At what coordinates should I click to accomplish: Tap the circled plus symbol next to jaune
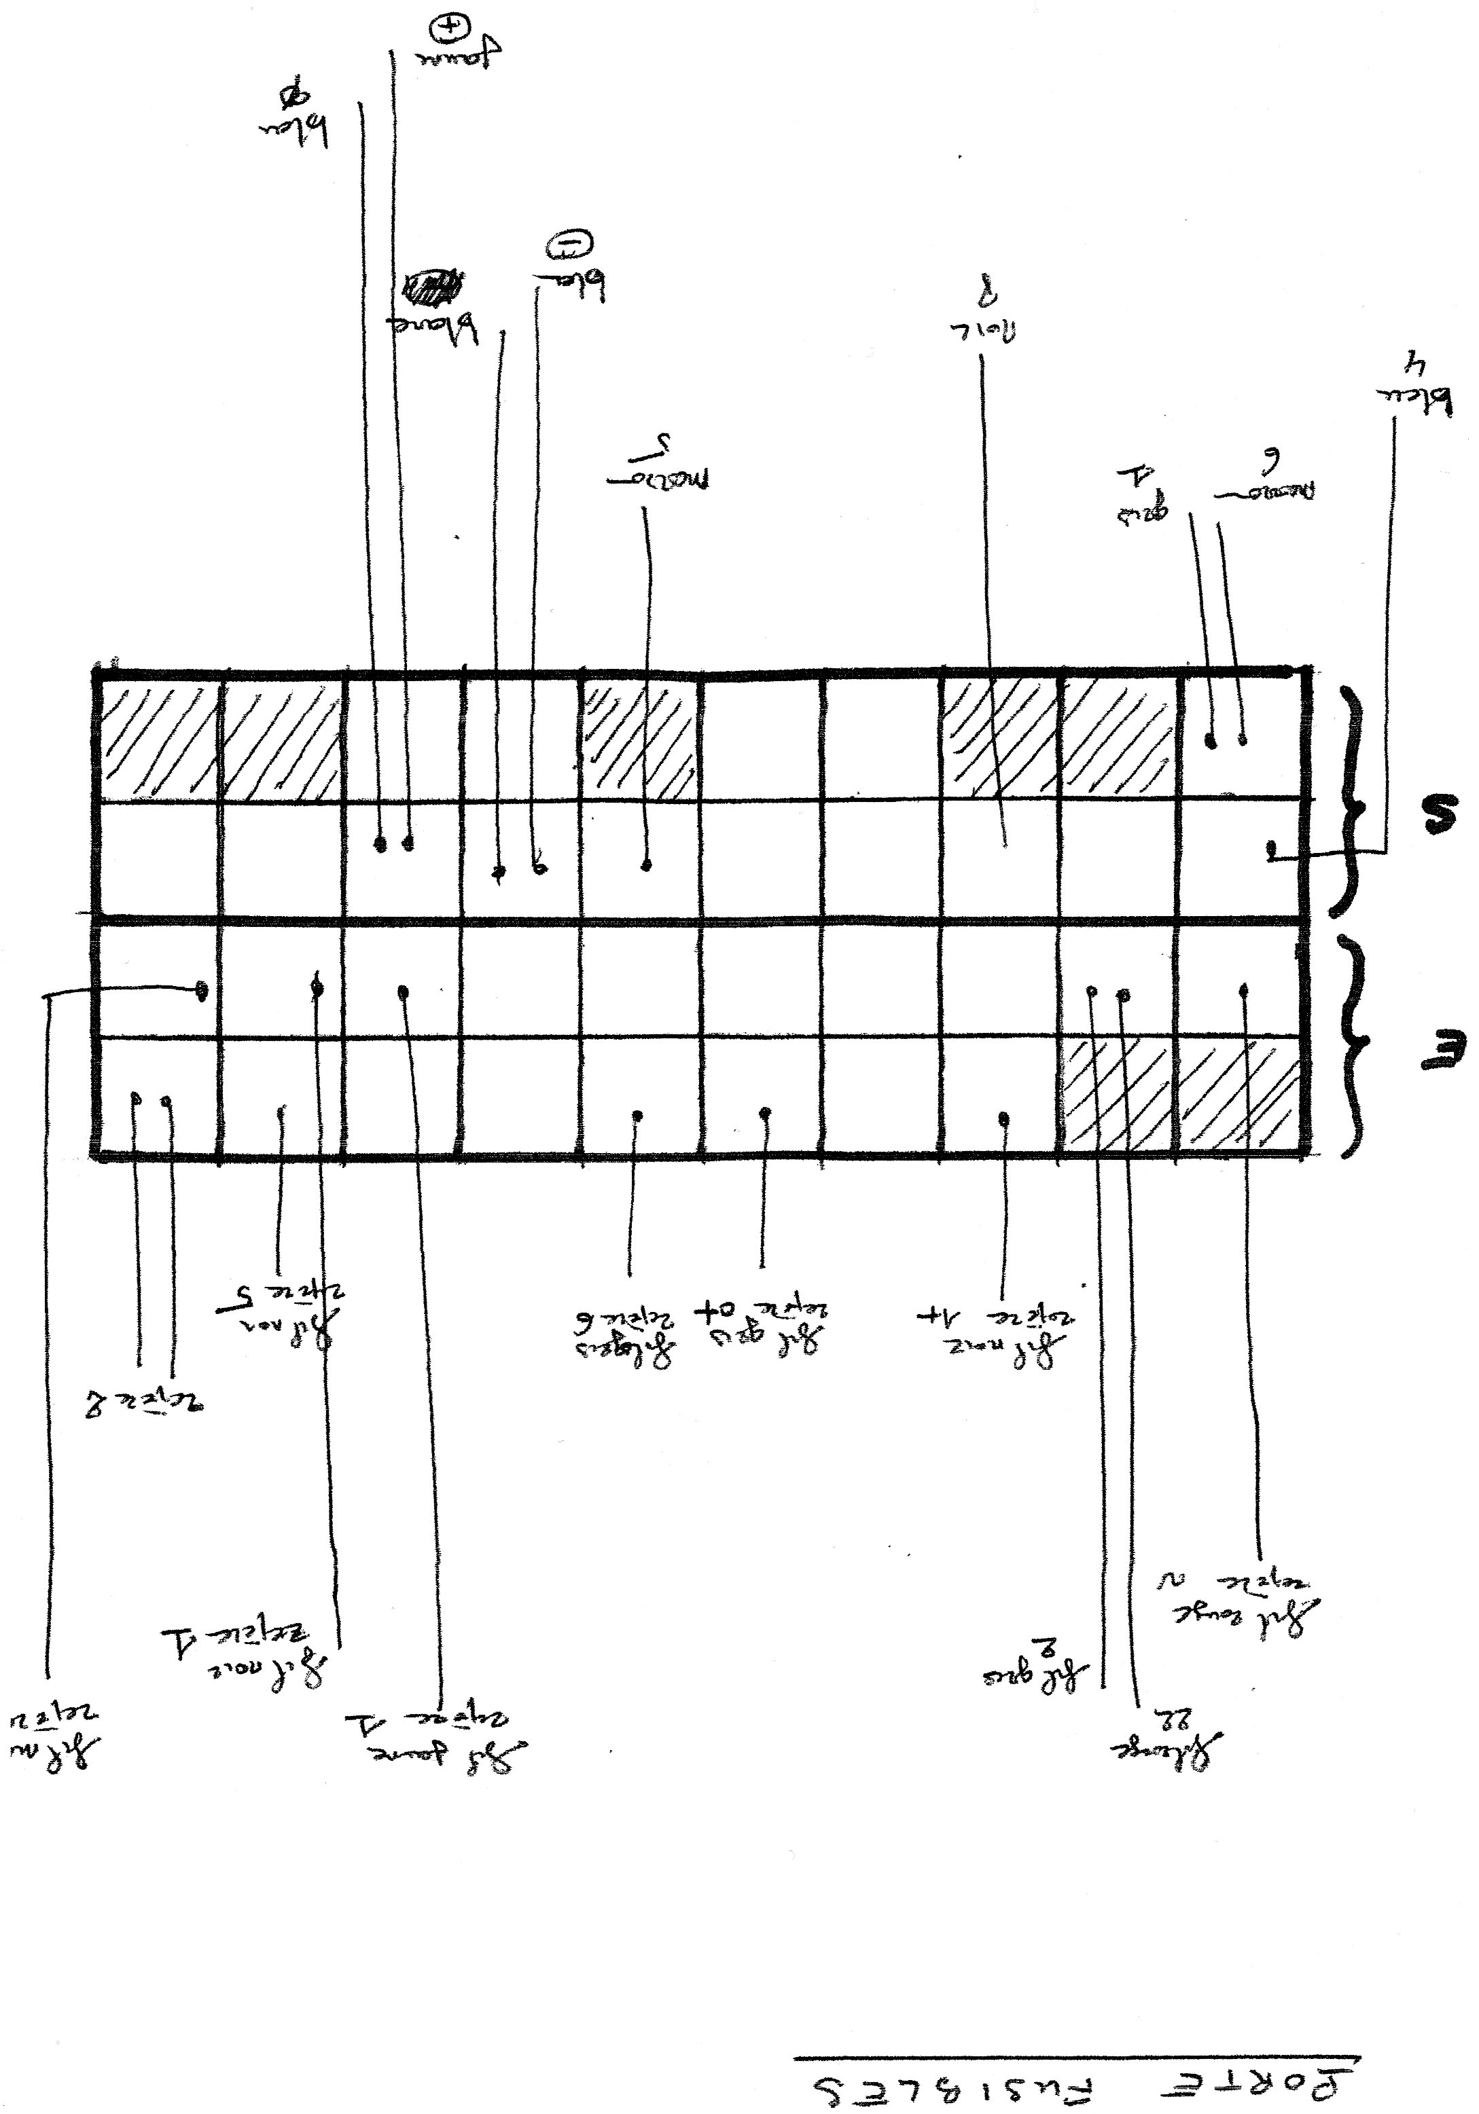[x=443, y=31]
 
